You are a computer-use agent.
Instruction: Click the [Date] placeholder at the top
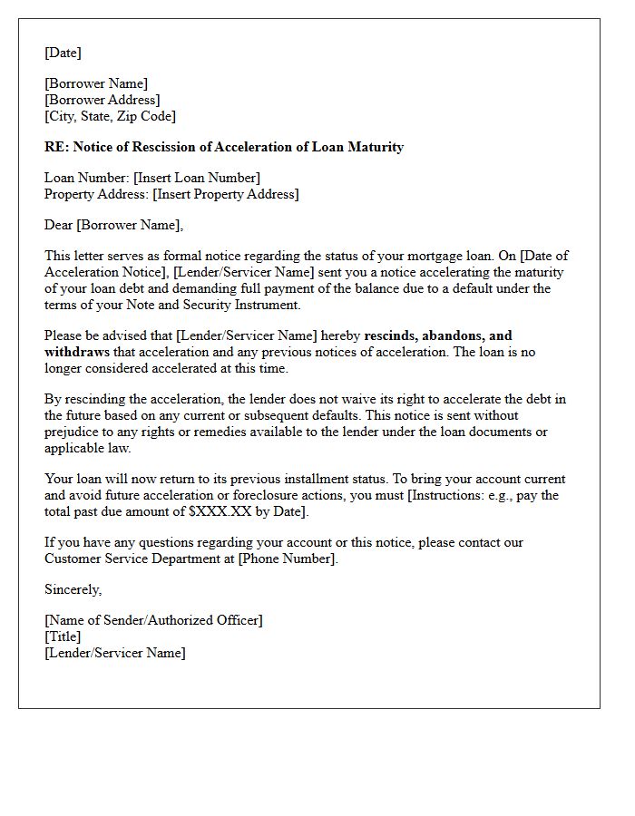pyautogui.click(x=63, y=53)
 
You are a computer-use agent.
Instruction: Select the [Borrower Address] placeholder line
pyautogui.click(x=102, y=100)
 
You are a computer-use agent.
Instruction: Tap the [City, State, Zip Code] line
pyautogui.click(x=110, y=116)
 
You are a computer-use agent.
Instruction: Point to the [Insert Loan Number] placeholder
pyautogui.click(x=197, y=178)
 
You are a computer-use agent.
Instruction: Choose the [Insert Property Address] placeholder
pyautogui.click(x=225, y=194)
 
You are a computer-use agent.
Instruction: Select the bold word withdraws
pyautogui.click(x=77, y=352)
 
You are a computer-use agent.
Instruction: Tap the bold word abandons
pyautogui.click(x=453, y=335)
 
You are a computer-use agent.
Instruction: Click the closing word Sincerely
pyautogui.click(x=73, y=589)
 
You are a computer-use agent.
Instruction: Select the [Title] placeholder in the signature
pyautogui.click(x=63, y=636)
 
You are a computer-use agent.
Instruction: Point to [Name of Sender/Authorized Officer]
pyautogui.click(x=153, y=620)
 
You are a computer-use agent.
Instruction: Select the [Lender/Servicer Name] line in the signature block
pyautogui.click(x=114, y=653)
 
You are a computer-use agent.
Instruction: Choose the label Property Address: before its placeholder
pyautogui.click(x=96, y=194)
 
